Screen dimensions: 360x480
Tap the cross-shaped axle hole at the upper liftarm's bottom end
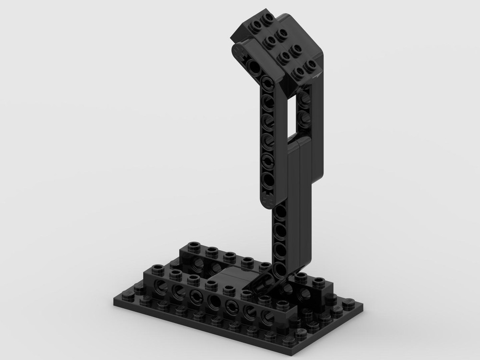[x=268, y=198]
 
